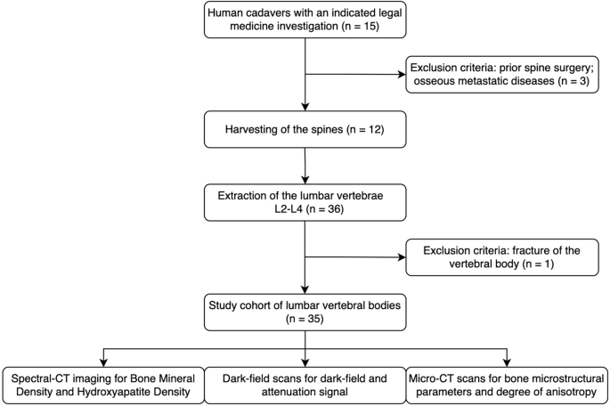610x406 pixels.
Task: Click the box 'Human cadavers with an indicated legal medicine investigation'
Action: coord(305,21)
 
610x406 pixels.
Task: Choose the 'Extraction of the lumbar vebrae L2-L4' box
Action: coord(305,202)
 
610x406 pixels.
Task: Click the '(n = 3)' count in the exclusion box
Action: coord(570,81)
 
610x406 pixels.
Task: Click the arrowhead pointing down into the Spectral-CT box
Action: coord(102,360)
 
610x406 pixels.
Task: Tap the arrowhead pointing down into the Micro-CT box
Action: coord(508,360)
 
